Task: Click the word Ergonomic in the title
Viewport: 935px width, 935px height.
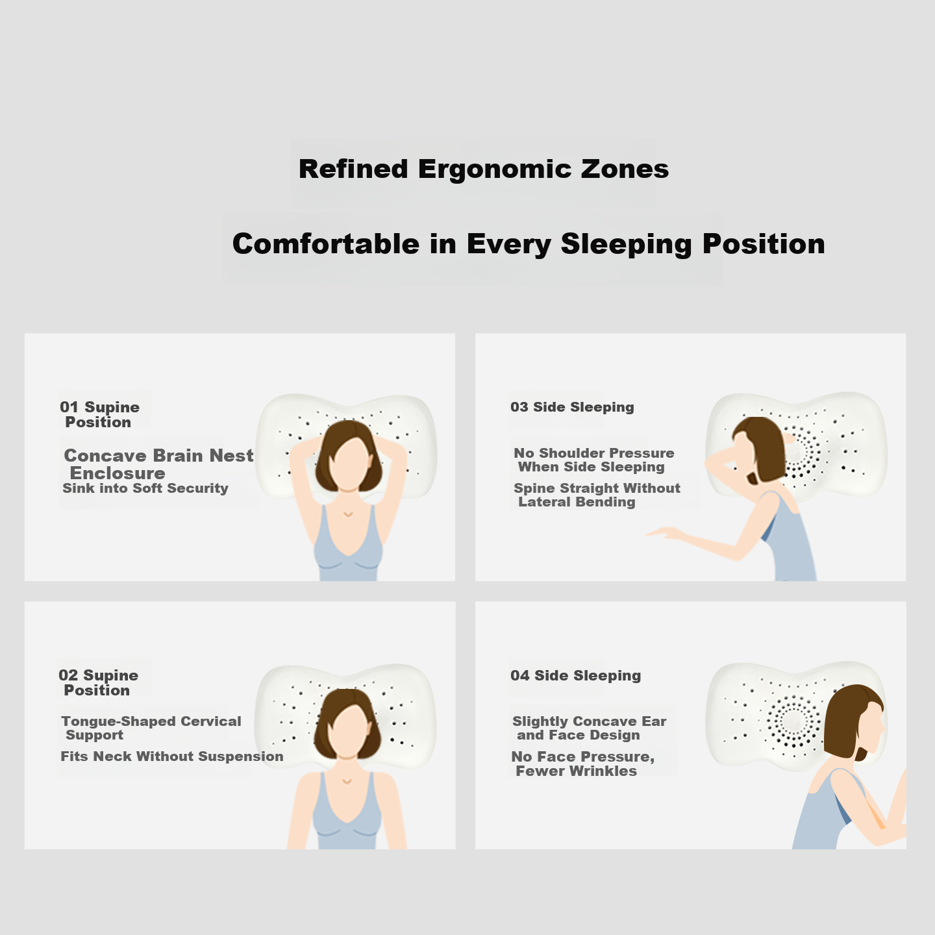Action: tap(494, 169)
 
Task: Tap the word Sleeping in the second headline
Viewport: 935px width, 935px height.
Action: tap(627, 244)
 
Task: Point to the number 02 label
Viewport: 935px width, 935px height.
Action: tap(68, 675)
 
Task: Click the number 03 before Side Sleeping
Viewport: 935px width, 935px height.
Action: tap(519, 406)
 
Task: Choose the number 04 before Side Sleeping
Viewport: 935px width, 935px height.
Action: tap(519, 675)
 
